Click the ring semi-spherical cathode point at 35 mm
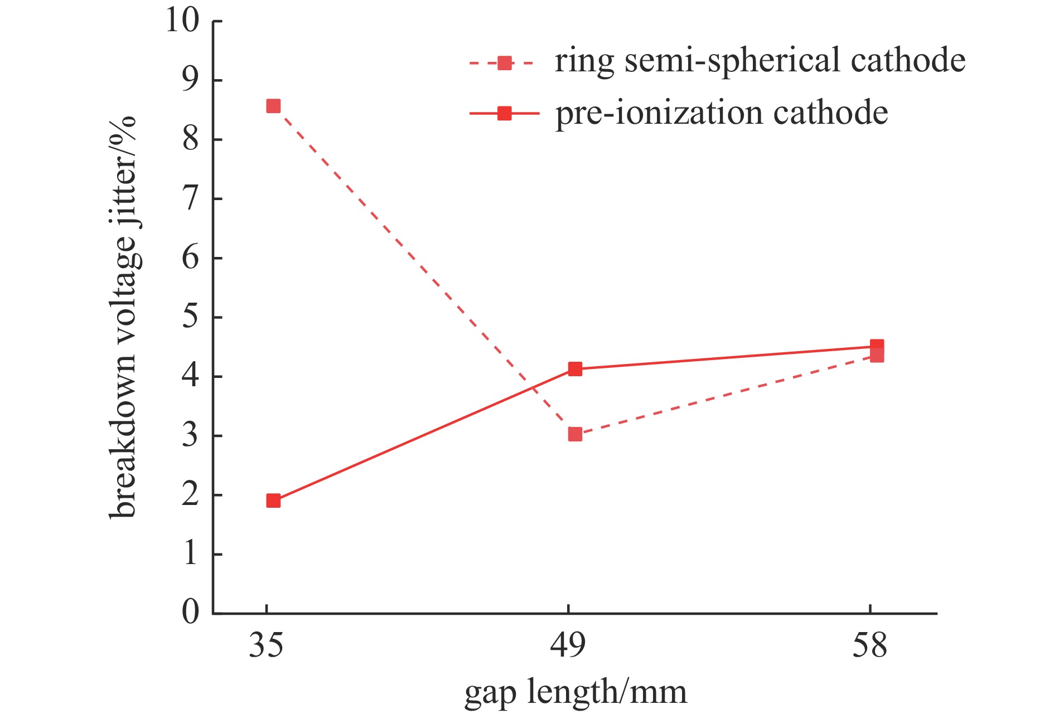(x=273, y=106)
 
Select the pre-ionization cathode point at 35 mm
(x=273, y=501)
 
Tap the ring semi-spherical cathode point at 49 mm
(x=575, y=434)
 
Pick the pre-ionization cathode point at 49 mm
(x=575, y=369)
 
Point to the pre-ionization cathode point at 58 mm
(x=877, y=346)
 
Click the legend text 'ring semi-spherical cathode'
(x=760, y=61)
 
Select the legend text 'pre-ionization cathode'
(x=721, y=113)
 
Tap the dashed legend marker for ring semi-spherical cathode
(x=504, y=63)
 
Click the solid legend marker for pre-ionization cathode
(x=504, y=114)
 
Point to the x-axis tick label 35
(x=266, y=645)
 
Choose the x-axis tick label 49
(x=568, y=645)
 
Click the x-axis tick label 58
(x=869, y=645)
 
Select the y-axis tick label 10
(x=182, y=21)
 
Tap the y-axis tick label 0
(x=191, y=612)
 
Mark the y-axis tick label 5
(x=191, y=317)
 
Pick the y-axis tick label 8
(x=191, y=139)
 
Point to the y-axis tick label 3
(x=191, y=435)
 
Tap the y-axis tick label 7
(x=191, y=198)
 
